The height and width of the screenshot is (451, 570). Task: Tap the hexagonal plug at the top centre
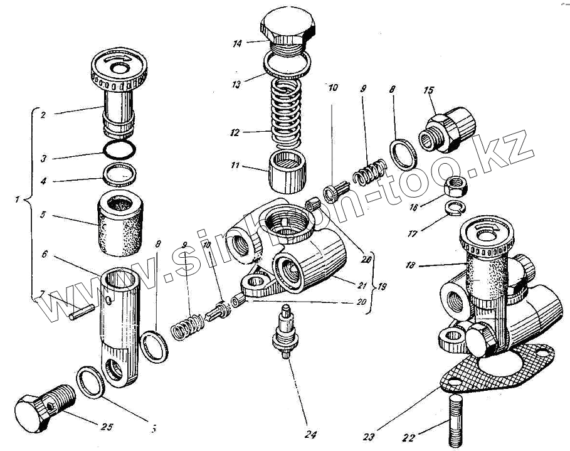[287, 29]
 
